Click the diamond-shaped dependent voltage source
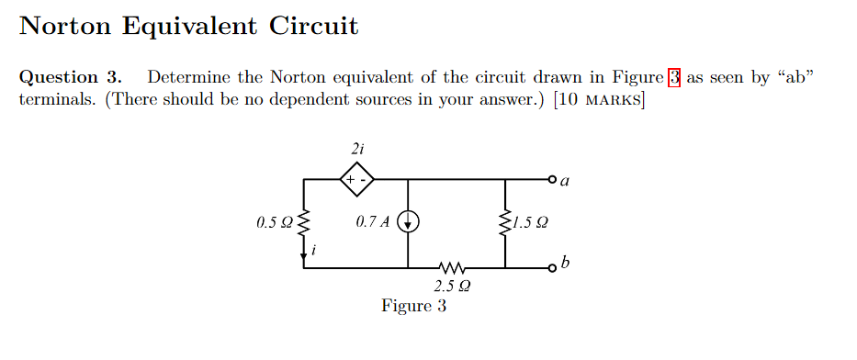tap(356, 178)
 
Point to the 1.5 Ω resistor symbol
tap(504, 221)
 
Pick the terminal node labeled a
tap(553, 178)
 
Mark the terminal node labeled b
tap(553, 268)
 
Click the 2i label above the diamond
tap(356, 148)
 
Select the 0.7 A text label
tap(371, 221)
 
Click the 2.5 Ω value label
tap(453, 287)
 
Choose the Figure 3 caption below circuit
tap(413, 306)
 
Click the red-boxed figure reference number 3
tap(674, 78)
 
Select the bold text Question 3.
tap(71, 78)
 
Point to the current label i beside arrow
tap(316, 249)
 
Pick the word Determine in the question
tap(189, 78)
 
